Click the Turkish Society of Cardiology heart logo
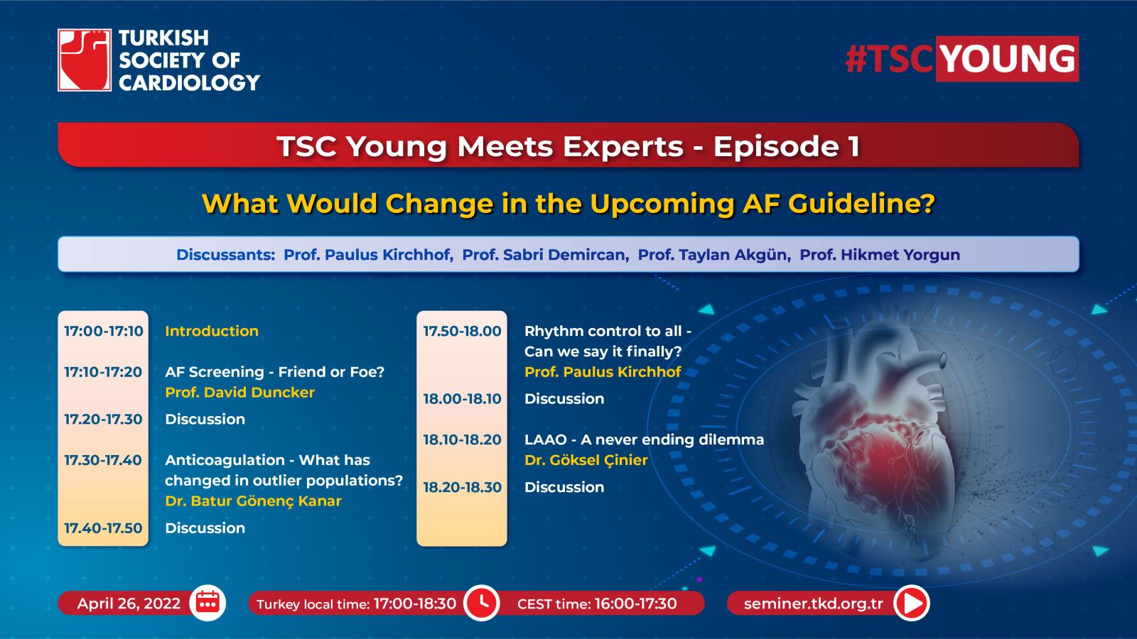[x=85, y=60]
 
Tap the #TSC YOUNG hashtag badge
[x=962, y=59]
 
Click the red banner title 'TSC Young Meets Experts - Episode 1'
[x=568, y=146]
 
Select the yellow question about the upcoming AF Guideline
[x=568, y=203]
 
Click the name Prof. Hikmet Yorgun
[x=880, y=255]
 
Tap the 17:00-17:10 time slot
[x=104, y=331]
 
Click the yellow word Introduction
[x=212, y=331]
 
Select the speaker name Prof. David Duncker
[x=239, y=393]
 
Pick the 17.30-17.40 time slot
[x=103, y=460]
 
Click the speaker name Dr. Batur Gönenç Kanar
[x=253, y=501]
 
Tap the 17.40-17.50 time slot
[x=103, y=528]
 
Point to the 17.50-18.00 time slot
[x=462, y=331]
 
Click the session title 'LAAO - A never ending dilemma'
[x=644, y=439]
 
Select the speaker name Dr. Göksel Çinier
[x=586, y=460]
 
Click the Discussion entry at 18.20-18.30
[x=564, y=487]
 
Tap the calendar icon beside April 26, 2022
[x=208, y=603]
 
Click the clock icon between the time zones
[x=482, y=603]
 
